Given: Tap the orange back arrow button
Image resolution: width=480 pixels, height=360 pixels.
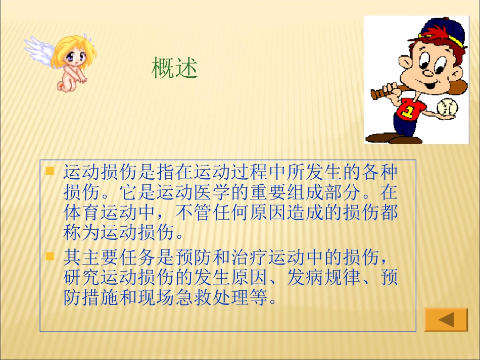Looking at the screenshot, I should click(446, 320).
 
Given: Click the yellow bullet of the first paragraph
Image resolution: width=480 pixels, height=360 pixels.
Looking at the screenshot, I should click(50, 171).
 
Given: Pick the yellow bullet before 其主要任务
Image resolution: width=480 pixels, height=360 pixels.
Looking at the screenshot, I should click(50, 256).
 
